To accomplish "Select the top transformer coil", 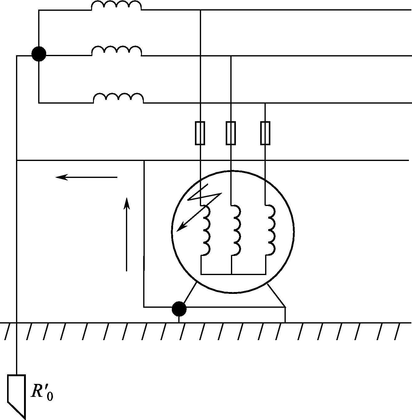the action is point(116,5).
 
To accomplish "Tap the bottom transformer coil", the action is point(119,98).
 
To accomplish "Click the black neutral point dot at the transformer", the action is point(39,54).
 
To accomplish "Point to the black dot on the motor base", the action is point(179,309).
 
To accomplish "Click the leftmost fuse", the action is point(200,133).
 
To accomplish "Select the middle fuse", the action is point(231,133).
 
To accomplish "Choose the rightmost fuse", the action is point(265,133).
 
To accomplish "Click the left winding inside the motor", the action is point(206,230).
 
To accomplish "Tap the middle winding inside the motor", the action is point(237,230).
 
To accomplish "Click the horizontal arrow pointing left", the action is point(87,177).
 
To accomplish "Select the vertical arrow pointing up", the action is point(127,234).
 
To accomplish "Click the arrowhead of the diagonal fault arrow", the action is point(180,227).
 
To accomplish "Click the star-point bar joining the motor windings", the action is point(233,274).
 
